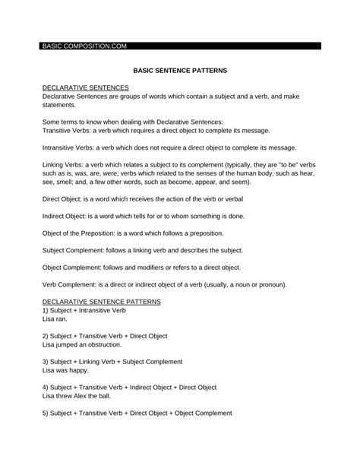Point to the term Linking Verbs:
pos(62,164)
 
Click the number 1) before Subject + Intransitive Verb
pos(46,311)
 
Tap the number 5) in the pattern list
pos(46,414)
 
